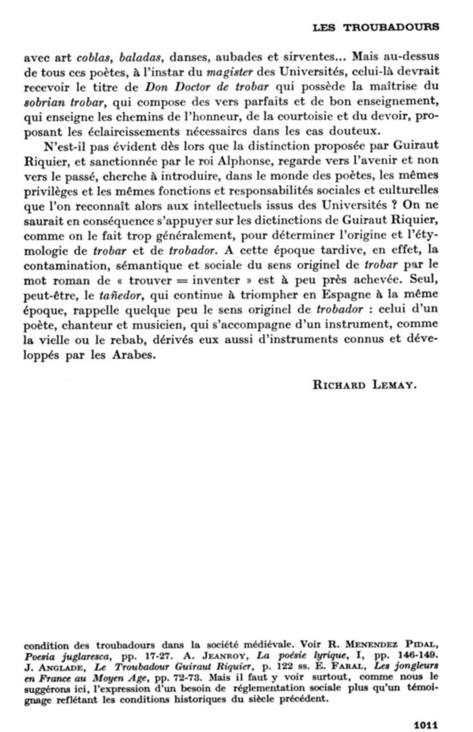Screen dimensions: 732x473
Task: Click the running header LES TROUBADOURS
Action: [375, 27]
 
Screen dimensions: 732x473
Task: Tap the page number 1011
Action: [426, 725]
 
